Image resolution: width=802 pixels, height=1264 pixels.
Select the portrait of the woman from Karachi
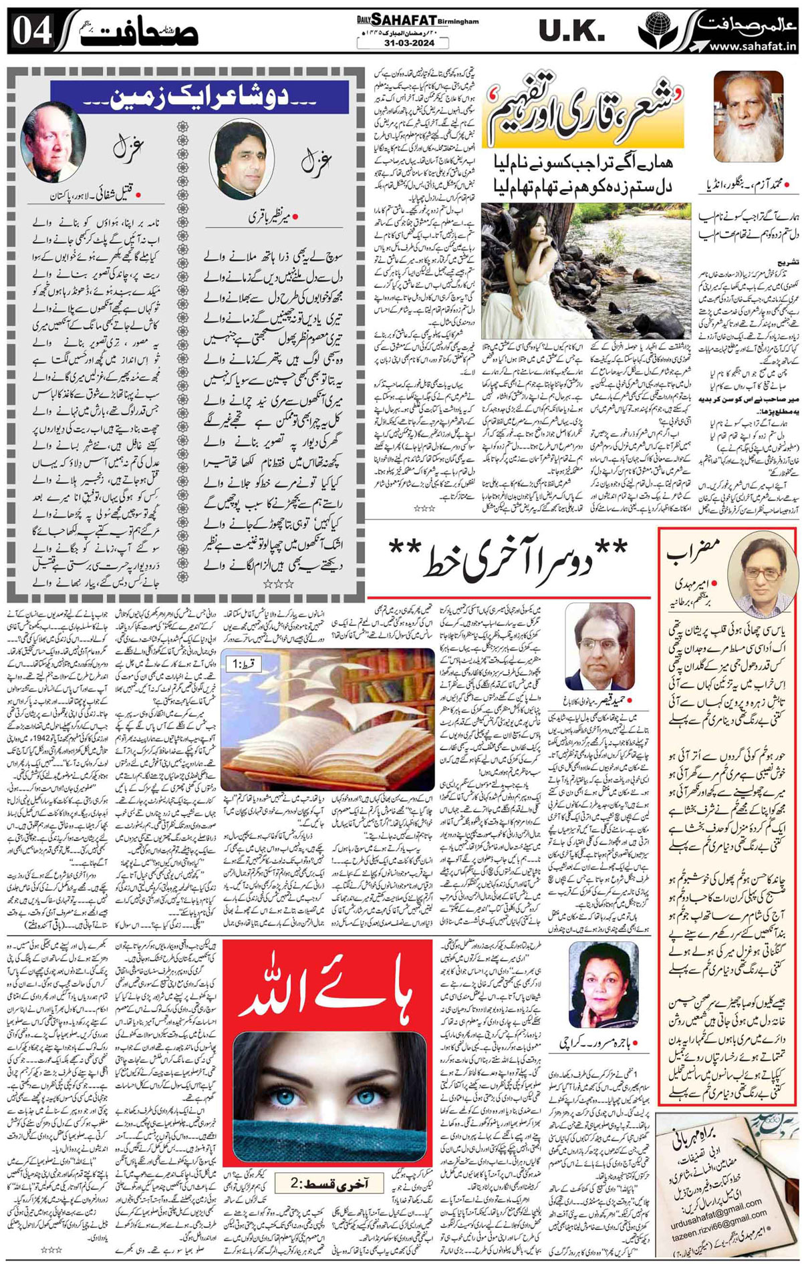point(597,985)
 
